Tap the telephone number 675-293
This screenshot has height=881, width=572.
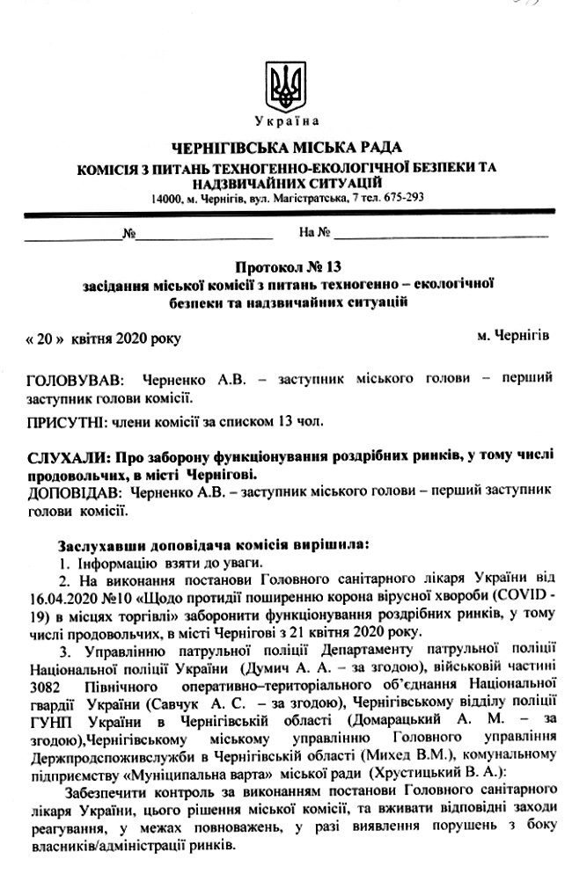[406, 197]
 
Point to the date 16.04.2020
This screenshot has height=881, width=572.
[62, 595]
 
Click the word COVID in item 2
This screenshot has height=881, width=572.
[502, 595]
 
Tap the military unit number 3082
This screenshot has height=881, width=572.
[46, 684]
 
